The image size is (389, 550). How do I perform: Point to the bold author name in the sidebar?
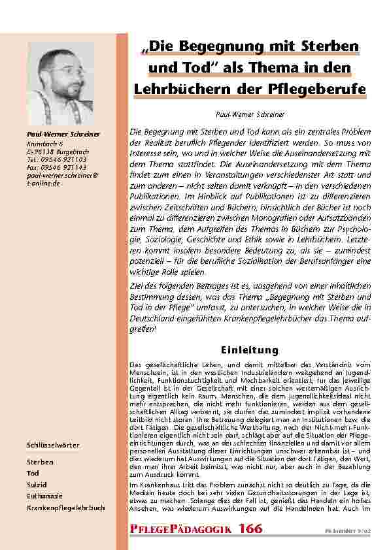tap(62, 135)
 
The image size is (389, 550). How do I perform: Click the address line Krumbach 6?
tap(44, 142)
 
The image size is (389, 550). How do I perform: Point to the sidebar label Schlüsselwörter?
tap(53, 445)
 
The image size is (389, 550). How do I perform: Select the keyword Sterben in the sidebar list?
tap(41, 461)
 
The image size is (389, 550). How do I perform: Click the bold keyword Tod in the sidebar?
tap(33, 472)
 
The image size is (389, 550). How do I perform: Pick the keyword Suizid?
tap(37, 482)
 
